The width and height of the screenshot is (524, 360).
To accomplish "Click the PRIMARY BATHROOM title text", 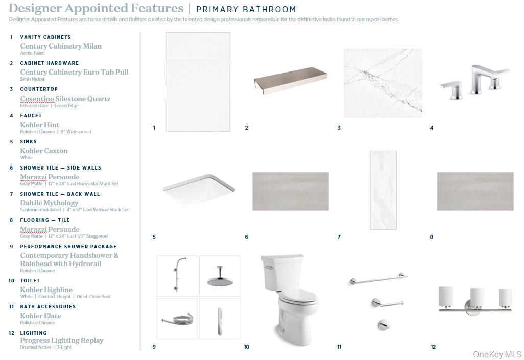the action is (x=246, y=9).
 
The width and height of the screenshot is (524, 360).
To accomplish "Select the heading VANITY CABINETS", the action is (x=45, y=37).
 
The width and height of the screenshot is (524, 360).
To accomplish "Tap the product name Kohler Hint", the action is (x=39, y=125).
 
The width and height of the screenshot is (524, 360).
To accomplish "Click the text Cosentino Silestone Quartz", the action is (x=65, y=99).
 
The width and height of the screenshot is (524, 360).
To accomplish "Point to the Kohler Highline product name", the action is (x=46, y=290).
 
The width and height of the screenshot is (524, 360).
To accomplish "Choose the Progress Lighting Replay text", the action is (x=62, y=340).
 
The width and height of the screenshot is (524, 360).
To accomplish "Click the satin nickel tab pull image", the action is (x=291, y=80).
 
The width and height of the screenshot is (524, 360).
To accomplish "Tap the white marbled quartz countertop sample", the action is (x=383, y=83).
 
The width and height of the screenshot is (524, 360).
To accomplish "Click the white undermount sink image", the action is (x=199, y=190).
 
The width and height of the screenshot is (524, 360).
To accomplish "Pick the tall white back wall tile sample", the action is (x=384, y=190).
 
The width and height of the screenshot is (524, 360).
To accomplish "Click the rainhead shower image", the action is (x=220, y=276).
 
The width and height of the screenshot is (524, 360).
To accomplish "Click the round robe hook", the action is (x=384, y=324).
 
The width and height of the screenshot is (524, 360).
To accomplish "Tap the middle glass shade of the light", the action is (x=477, y=298).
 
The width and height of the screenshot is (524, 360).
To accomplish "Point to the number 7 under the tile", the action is (x=339, y=237).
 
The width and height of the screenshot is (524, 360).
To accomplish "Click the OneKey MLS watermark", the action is (x=497, y=354).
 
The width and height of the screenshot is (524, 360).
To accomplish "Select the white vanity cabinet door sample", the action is (x=198, y=82).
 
